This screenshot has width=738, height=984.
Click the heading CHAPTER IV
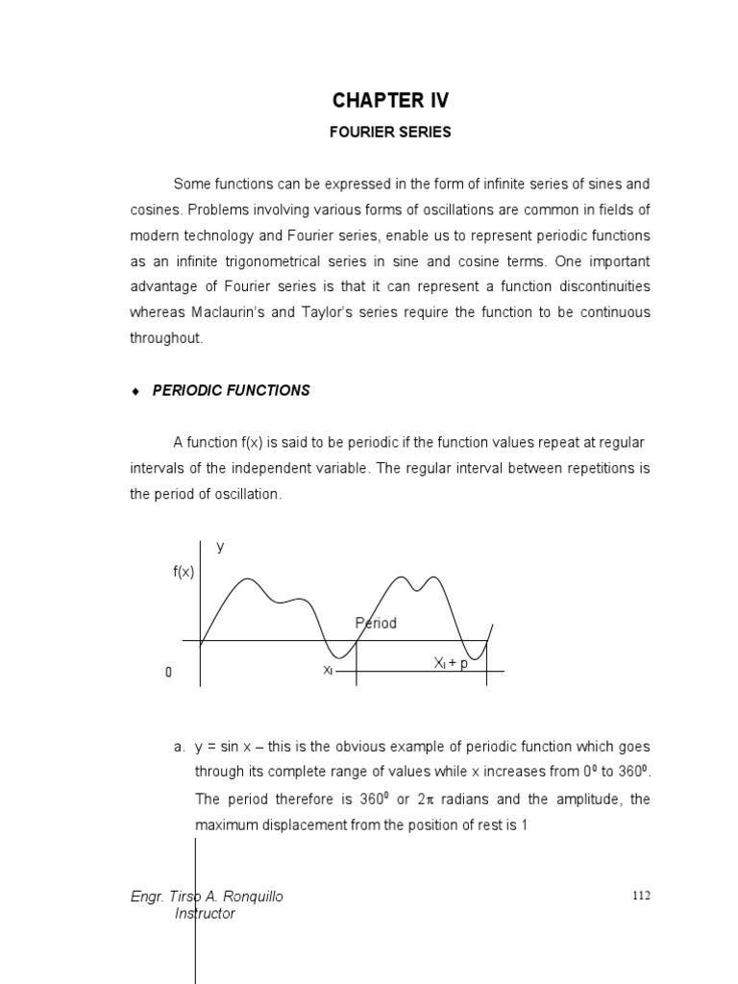[390, 101]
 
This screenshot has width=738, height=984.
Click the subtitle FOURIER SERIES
[390, 133]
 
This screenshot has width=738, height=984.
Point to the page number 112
[641, 896]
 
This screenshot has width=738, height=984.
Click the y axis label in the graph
[220, 546]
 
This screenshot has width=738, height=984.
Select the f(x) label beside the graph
[184, 572]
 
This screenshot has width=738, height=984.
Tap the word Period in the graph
[376, 623]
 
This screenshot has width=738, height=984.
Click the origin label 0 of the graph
[168, 673]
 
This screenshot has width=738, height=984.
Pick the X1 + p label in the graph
[451, 664]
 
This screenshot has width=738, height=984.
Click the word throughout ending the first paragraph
[166, 338]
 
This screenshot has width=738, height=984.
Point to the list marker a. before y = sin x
[179, 747]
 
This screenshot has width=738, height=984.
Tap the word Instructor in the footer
[205, 914]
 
